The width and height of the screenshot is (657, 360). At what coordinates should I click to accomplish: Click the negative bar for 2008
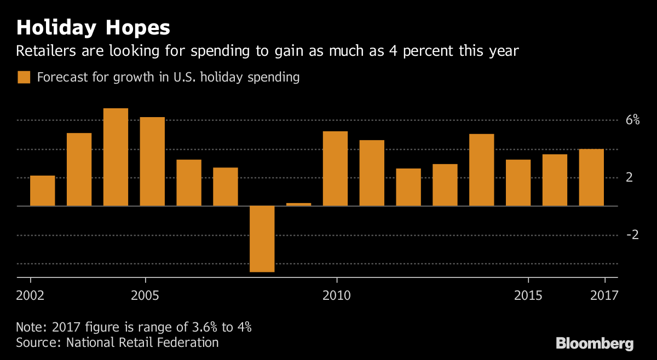click(x=262, y=239)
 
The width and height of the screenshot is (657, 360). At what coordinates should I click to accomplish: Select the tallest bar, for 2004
click(x=116, y=157)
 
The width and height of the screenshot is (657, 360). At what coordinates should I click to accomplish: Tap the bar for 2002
click(x=42, y=190)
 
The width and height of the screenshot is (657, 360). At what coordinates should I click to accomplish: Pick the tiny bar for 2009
click(x=298, y=204)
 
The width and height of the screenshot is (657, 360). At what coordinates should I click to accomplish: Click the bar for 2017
click(x=591, y=177)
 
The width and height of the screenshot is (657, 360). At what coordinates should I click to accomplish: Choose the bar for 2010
click(x=335, y=169)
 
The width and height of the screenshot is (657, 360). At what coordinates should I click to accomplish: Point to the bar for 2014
click(x=481, y=170)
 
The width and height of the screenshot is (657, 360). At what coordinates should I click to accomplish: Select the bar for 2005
click(x=152, y=161)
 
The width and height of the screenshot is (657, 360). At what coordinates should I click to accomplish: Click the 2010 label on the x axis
click(x=336, y=295)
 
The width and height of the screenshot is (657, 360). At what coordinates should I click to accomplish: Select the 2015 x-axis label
click(x=528, y=295)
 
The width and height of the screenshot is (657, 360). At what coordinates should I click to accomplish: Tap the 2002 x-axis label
click(x=30, y=295)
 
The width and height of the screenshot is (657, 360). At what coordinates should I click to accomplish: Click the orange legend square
click(x=24, y=77)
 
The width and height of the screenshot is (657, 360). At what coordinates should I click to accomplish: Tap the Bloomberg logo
click(x=595, y=344)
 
